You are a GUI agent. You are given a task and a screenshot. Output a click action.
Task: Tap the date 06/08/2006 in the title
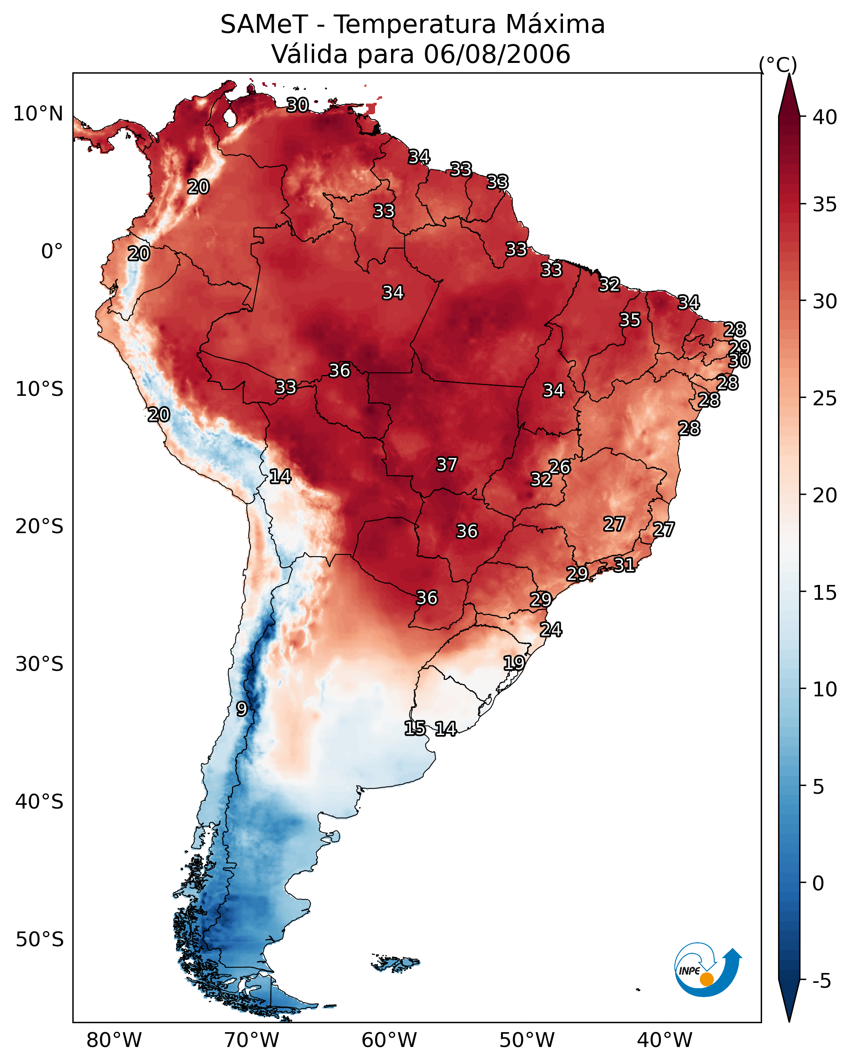(x=497, y=54)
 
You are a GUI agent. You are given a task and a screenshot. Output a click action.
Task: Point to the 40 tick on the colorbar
(x=825, y=117)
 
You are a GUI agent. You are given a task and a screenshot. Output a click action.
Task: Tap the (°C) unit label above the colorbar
(x=778, y=65)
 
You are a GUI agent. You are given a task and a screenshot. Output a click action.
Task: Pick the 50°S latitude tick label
(x=40, y=940)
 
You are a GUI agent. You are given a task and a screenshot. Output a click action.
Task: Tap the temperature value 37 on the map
(x=447, y=464)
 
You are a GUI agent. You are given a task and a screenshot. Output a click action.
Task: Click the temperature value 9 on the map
(x=242, y=709)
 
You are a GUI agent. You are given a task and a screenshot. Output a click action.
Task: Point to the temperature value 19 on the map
(x=514, y=663)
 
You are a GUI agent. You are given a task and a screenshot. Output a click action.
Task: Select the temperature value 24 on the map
(x=551, y=630)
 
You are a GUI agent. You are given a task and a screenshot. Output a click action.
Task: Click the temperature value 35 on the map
(x=630, y=320)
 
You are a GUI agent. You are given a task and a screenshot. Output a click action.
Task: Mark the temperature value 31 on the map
(x=624, y=564)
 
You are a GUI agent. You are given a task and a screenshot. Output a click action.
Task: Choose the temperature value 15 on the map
(x=415, y=728)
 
